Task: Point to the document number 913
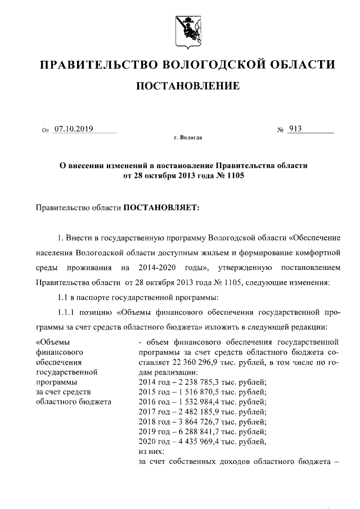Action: tap(295, 129)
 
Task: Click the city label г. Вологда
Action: tap(188, 137)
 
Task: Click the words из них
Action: tap(150, 451)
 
